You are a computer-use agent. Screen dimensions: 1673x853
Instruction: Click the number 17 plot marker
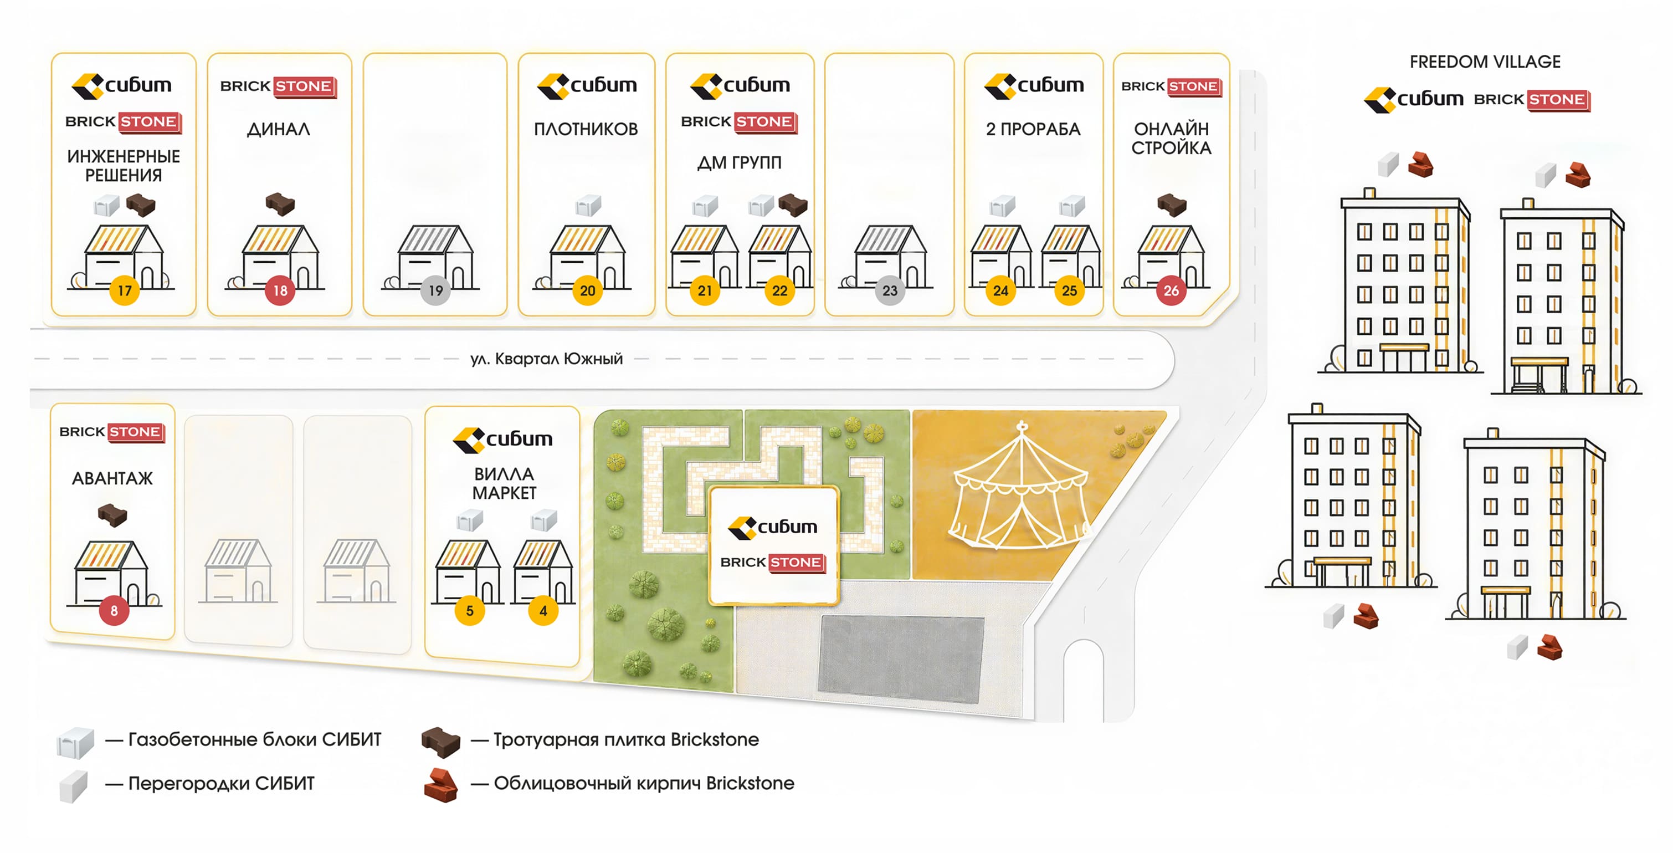click(124, 290)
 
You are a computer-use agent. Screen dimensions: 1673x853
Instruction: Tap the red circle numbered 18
click(280, 290)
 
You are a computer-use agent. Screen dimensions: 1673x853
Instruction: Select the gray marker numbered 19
click(436, 290)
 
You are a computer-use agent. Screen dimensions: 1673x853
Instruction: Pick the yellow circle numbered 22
click(779, 290)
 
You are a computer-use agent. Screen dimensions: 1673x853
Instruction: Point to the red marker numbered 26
click(1171, 290)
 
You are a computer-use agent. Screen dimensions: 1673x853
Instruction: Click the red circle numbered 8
click(114, 611)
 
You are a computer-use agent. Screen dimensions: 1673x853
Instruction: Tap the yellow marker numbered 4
click(543, 611)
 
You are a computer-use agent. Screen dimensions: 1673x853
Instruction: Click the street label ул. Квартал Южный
click(546, 359)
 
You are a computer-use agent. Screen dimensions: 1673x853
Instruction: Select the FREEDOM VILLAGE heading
click(1485, 62)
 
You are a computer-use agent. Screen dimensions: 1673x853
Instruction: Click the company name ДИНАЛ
click(279, 129)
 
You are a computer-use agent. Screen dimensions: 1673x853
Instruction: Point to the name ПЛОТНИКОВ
click(586, 129)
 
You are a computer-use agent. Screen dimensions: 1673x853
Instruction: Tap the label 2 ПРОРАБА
click(1033, 129)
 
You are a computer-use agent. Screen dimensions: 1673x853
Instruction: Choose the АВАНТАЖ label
click(112, 479)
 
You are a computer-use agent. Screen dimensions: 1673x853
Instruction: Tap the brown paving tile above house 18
click(280, 203)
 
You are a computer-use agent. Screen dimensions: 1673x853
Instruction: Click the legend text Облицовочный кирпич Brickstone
click(644, 783)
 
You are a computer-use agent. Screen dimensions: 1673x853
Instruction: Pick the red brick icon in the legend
click(441, 785)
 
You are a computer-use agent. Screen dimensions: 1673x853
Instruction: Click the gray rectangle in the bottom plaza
click(901, 658)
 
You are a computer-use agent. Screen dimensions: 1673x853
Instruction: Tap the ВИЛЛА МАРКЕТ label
click(504, 483)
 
